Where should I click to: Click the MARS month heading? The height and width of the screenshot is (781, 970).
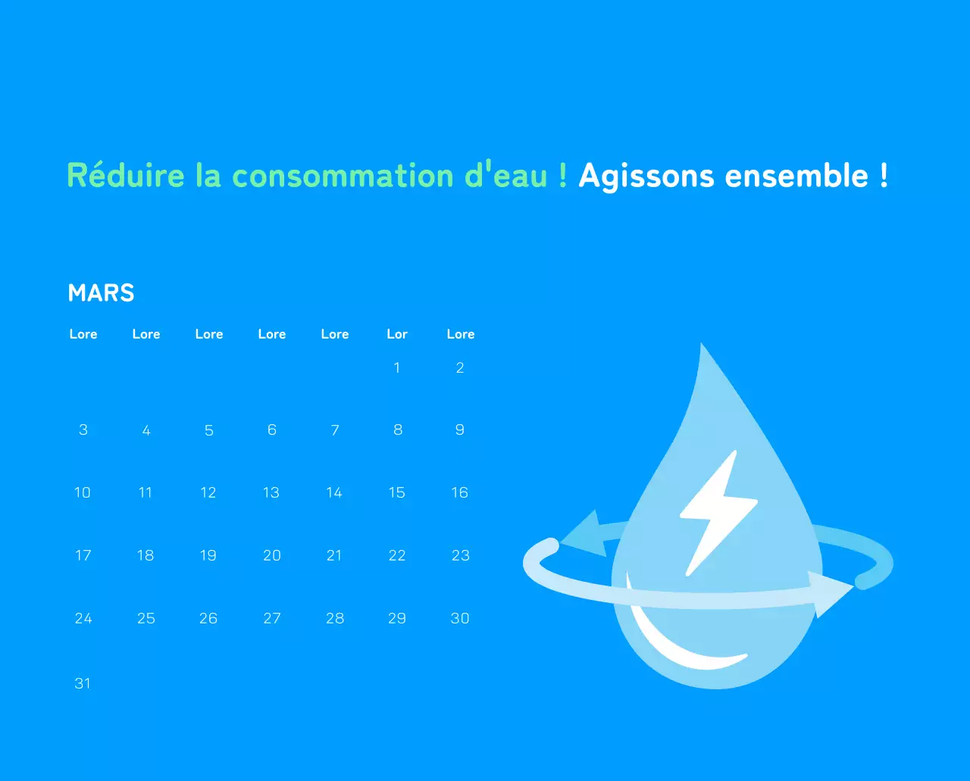coord(101,293)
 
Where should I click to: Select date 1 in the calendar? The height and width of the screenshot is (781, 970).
coord(396,368)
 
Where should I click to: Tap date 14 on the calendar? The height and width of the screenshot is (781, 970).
coord(334,493)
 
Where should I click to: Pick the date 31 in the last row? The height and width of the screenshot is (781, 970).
coord(83,683)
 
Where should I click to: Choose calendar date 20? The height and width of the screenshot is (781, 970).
coord(272,556)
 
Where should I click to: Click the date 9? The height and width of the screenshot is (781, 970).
coord(459,430)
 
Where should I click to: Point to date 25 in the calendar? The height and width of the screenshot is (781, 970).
coord(146,619)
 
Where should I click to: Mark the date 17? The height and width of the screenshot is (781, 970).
coord(83,556)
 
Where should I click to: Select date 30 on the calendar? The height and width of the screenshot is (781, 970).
coord(460,619)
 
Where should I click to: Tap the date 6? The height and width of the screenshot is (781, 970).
coord(272,430)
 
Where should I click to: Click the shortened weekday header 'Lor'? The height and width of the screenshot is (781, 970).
coord(397,334)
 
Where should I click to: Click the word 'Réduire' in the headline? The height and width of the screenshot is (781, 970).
coord(126,176)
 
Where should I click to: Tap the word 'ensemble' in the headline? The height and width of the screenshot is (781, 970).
coord(796,176)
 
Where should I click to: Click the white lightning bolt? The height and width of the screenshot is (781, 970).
coord(715,511)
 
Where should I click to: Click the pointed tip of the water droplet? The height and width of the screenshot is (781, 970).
coord(702,350)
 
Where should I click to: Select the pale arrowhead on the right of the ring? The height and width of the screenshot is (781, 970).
coord(830,592)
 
